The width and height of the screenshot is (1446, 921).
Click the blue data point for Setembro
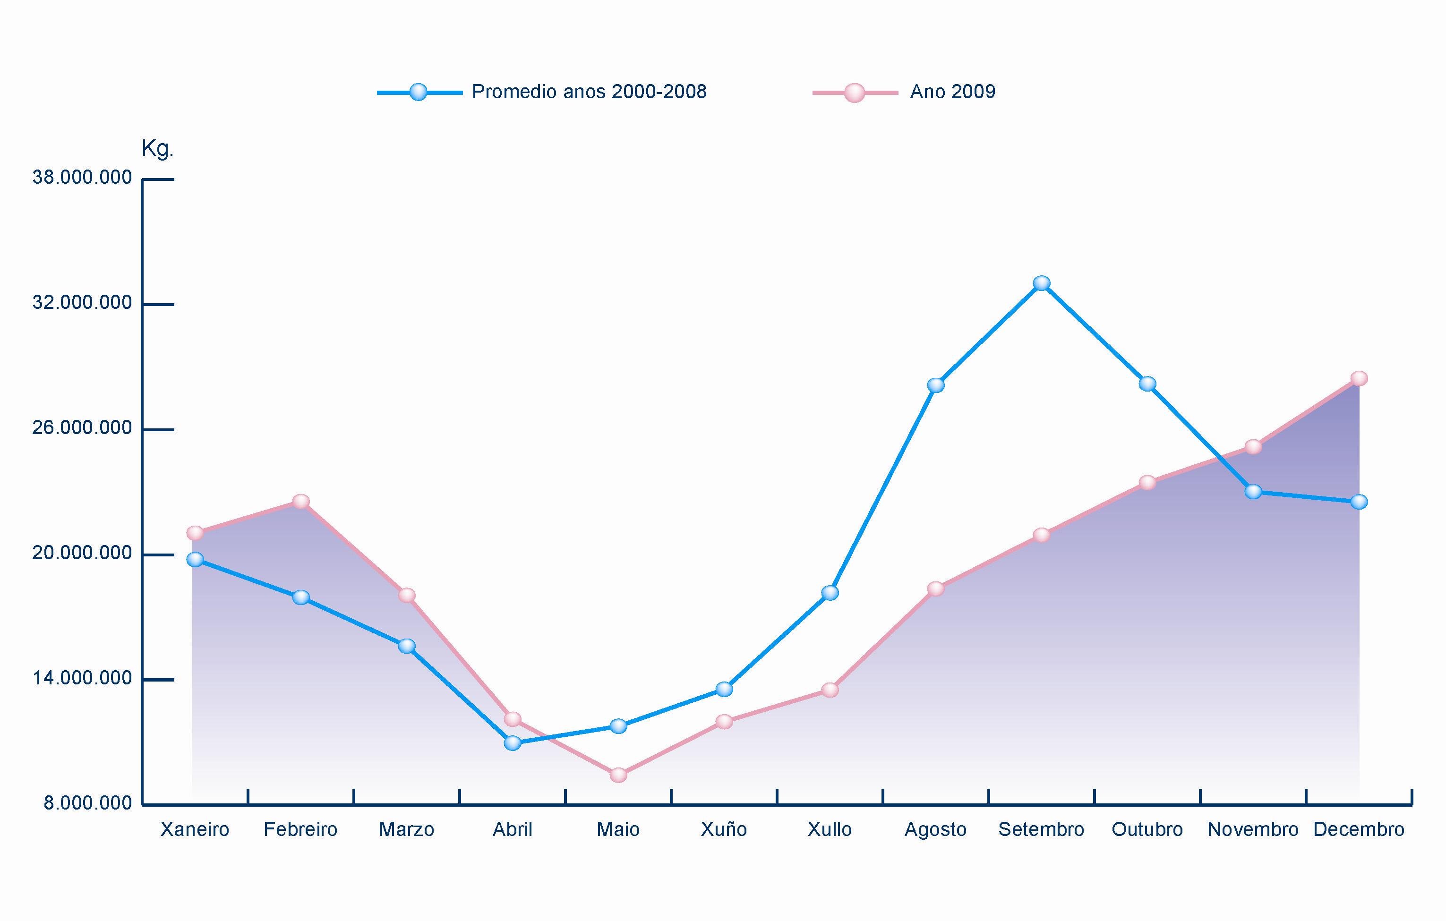coord(1042,283)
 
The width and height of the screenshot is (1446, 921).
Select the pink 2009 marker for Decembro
coord(1359,378)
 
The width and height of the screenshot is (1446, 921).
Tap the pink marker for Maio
coord(618,775)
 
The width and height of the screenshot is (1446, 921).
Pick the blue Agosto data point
coord(935,385)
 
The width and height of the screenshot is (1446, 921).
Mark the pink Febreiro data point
coord(301,501)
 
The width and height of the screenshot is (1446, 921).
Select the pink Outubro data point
coord(1147,483)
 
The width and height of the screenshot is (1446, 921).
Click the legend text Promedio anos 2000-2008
coord(589,92)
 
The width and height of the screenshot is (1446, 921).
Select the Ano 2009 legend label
coord(952,92)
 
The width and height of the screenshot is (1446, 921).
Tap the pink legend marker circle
coord(854,93)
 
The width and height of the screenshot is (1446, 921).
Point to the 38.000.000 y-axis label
coord(82,178)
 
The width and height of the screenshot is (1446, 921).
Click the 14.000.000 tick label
coord(82,678)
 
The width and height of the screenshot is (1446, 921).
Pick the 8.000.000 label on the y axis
coord(88,803)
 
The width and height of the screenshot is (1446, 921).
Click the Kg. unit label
coord(157,149)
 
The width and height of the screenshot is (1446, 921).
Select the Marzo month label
coord(407,830)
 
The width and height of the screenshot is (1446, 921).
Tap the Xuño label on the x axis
coord(724,830)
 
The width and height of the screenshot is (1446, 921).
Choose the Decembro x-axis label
coord(1359,830)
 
